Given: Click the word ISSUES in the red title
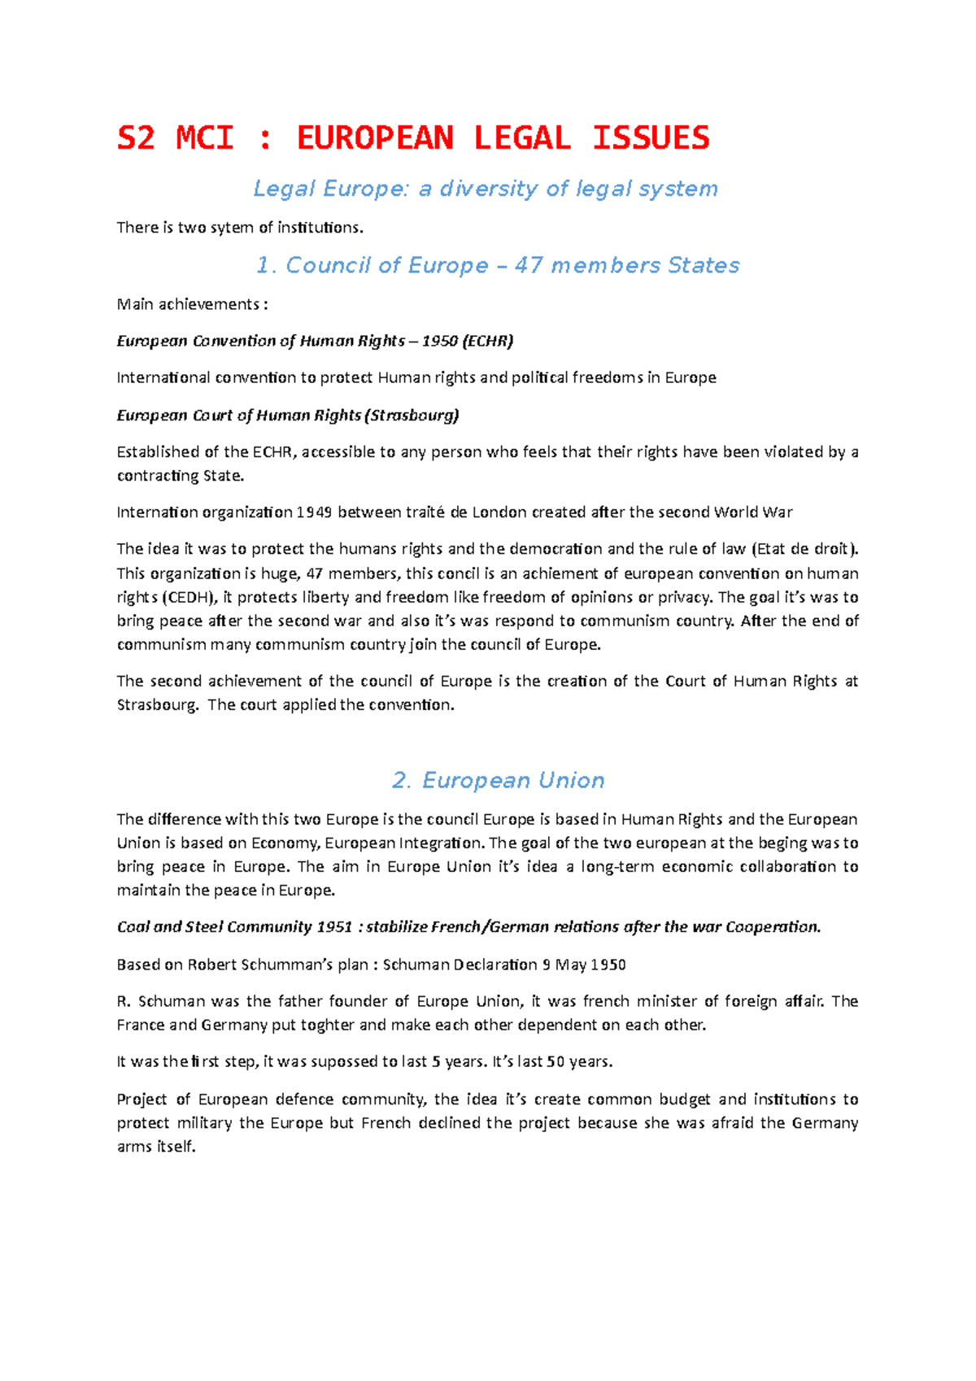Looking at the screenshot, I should coord(651,137).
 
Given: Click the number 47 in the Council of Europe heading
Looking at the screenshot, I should coord(529,265).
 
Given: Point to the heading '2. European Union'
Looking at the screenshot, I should coord(498,780).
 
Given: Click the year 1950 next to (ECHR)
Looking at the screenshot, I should coord(439,341).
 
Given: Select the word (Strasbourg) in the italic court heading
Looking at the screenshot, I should coord(412,415).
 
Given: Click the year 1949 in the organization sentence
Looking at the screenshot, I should coord(315,512).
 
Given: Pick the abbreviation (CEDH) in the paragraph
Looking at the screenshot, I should coord(190,597).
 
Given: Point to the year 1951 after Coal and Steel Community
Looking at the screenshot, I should coord(334,927).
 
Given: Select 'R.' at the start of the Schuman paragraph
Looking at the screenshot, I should coord(124,1001).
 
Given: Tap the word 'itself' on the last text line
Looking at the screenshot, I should coord(176,1147).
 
